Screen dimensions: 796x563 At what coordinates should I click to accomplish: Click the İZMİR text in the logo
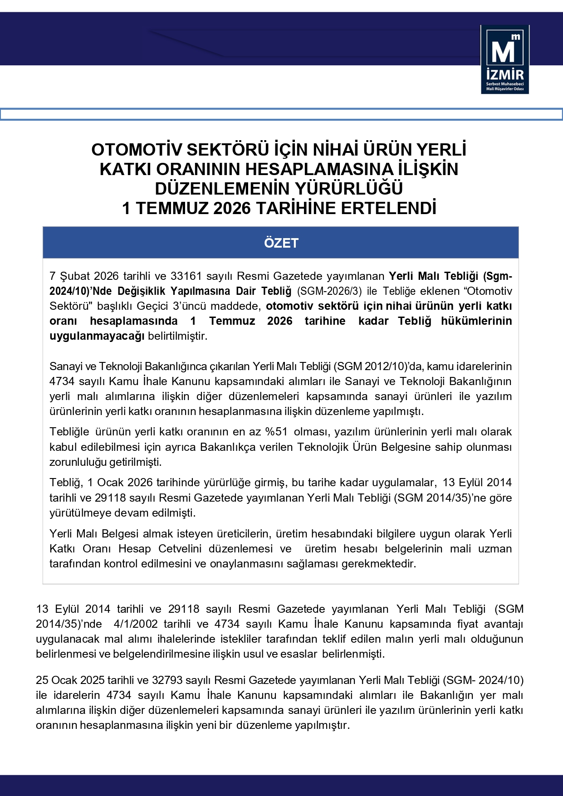(x=504, y=75)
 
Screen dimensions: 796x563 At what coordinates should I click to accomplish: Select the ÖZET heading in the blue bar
(x=281, y=243)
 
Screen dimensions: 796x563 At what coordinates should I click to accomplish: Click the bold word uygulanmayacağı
(x=97, y=336)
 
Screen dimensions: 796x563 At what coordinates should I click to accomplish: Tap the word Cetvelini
(x=180, y=548)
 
